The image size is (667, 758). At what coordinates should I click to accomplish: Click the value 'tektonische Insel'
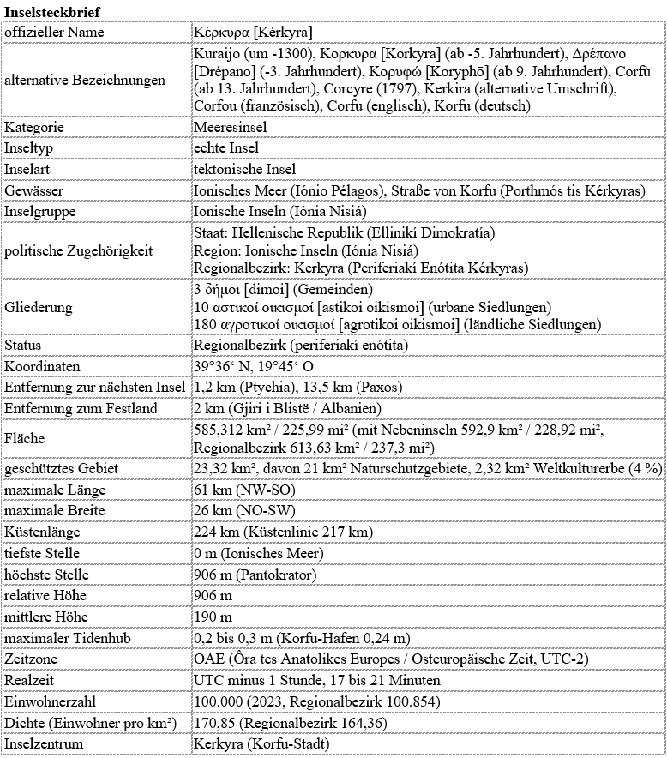coord(245,169)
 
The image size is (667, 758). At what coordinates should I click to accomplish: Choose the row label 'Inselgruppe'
coord(40,211)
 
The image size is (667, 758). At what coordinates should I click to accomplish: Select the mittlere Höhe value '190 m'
coord(213,617)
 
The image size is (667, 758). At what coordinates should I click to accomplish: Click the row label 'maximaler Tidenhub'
coord(64,638)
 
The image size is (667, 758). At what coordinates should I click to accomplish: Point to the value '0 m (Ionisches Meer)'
coord(257,554)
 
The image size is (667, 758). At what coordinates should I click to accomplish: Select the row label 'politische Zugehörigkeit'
coord(78,251)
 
